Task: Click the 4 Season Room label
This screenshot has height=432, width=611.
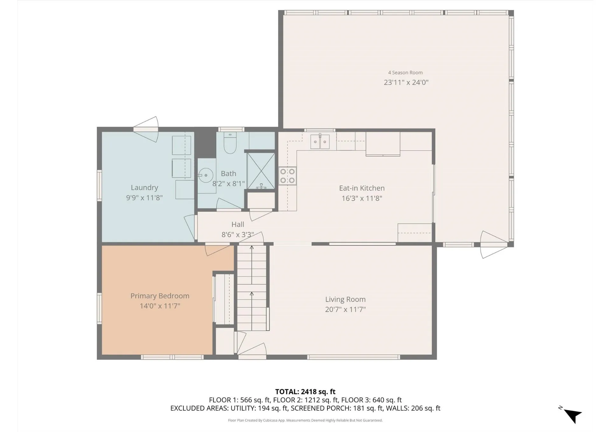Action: pos(405,73)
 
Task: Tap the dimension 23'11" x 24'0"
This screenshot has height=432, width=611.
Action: pos(406,82)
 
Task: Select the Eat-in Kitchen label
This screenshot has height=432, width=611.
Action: pos(362,188)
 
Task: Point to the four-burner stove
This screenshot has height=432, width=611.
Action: pos(287,176)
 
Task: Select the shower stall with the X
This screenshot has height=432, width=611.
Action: pos(261,171)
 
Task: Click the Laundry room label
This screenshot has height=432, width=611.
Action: pos(144,188)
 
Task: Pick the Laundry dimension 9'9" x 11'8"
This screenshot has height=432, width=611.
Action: pos(144,198)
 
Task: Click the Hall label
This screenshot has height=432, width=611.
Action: pos(237,224)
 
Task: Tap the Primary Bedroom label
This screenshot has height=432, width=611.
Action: pos(160,296)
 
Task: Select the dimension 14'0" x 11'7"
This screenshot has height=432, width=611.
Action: pos(160,306)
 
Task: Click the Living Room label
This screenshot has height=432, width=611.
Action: pos(345,299)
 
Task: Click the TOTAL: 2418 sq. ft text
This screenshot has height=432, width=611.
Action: pos(305,392)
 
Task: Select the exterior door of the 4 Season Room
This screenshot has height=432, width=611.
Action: pos(493,245)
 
